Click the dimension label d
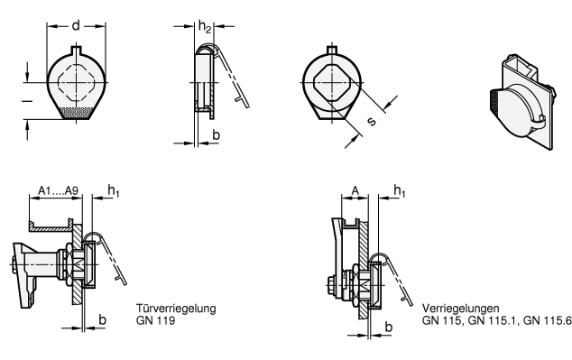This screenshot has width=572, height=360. coord(76,26)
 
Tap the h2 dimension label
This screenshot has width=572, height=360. coord(205,27)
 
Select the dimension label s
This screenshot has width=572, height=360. coord(371,121)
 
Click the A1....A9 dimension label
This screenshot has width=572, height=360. coord(59,190)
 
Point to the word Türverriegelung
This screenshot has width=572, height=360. coord(176,309)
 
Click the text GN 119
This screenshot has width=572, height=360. coord(155,320)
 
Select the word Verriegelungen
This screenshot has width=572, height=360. coord(461,309)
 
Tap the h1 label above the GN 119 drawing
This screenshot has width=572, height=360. coord(114,190)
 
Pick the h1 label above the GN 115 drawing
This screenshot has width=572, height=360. coord(400,190)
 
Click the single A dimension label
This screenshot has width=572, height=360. coord(355,190)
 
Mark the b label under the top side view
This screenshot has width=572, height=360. coord(216,135)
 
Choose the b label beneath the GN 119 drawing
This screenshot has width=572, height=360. coord(103,320)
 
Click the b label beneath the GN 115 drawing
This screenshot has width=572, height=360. coord(389,327)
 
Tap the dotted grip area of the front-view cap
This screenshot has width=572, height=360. coord(77,113)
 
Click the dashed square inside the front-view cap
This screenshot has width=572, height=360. coord(77,83)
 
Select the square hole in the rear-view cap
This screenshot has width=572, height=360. coord(332,83)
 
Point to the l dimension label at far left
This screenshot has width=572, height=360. coord(27,101)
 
